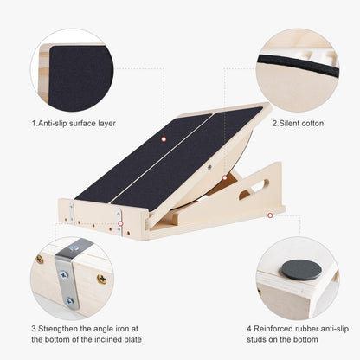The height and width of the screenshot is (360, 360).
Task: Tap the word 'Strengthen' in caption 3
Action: point(65,329)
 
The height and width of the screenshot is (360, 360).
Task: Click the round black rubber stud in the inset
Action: point(300,268)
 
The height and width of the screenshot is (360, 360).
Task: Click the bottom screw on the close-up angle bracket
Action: point(69,301)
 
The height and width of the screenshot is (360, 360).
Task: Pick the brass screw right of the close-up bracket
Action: point(102,279)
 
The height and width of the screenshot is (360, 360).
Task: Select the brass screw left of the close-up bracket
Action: point(40,259)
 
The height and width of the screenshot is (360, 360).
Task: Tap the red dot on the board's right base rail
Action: point(270,214)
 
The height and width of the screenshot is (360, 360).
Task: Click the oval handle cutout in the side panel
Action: point(255,190)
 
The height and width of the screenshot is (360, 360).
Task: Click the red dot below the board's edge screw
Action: point(224,178)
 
